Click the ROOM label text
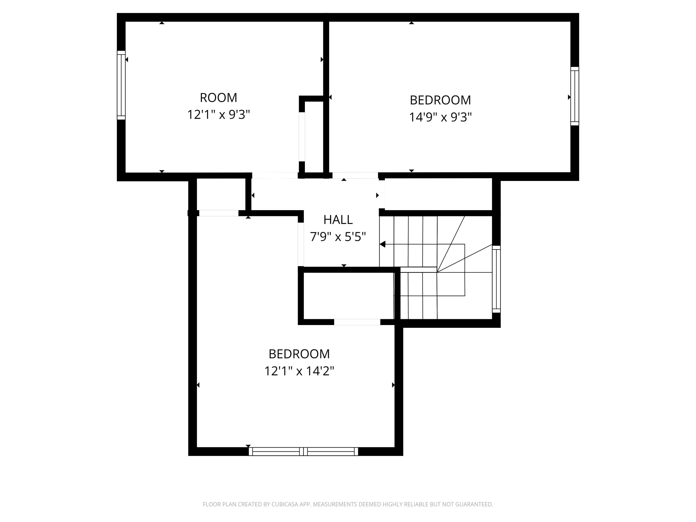218,98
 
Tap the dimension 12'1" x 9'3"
218,115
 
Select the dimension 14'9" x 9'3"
440,117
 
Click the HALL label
338,220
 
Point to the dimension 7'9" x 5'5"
338,237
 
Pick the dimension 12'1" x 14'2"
299,371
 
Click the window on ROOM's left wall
121,85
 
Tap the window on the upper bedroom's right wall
574,96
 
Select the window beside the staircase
496,279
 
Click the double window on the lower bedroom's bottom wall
303,451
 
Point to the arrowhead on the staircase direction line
383,244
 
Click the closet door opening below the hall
357,322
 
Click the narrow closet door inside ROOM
301,137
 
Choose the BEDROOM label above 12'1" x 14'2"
299,354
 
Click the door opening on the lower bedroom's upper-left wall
219,213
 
